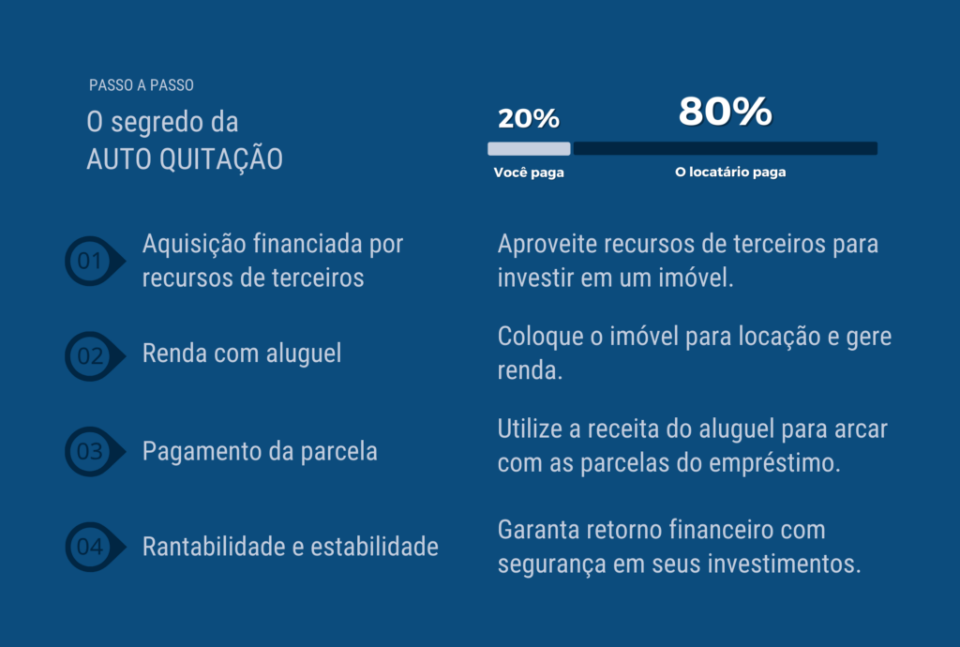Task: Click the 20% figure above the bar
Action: [529, 118]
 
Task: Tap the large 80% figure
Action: [725, 112]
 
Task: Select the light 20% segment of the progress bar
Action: [529, 148]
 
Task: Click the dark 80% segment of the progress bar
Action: [726, 148]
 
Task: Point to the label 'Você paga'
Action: [529, 173]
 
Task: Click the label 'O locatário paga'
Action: [730, 172]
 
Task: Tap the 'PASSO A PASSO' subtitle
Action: [142, 85]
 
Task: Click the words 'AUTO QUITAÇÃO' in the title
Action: [185, 159]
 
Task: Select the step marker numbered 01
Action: [95, 261]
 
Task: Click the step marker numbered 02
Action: [95, 356]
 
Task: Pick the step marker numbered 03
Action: [95, 452]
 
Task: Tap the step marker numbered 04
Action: [95, 547]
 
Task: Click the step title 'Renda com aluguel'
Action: [242, 354]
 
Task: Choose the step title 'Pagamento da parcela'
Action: [260, 451]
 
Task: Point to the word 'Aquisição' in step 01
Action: [194, 244]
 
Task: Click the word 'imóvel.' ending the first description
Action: [697, 278]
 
